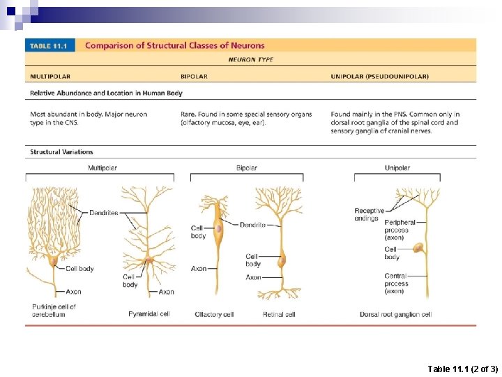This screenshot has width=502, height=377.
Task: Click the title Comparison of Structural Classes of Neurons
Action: [174, 45]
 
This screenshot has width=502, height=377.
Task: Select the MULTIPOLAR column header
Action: [50, 76]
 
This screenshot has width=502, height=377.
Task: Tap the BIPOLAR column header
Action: [194, 76]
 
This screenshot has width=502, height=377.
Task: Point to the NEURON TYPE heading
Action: [251, 60]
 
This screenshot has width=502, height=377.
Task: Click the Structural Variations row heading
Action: [61, 151]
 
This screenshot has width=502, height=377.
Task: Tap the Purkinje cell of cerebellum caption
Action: [54, 310]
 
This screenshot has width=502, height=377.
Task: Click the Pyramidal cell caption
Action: [149, 314]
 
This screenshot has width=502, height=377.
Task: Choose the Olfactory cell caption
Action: [214, 314]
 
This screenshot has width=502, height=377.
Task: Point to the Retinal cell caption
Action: [279, 314]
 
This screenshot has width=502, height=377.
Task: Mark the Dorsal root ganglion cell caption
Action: [395, 314]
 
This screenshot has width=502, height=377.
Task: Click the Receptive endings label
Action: [369, 214]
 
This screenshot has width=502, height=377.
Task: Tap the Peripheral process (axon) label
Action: [400, 230]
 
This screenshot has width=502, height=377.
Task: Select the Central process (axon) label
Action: [396, 283]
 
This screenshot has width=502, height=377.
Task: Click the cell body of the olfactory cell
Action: [218, 228]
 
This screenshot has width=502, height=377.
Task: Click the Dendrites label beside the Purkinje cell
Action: [104, 212]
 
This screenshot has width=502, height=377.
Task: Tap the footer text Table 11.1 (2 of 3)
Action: [462, 368]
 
